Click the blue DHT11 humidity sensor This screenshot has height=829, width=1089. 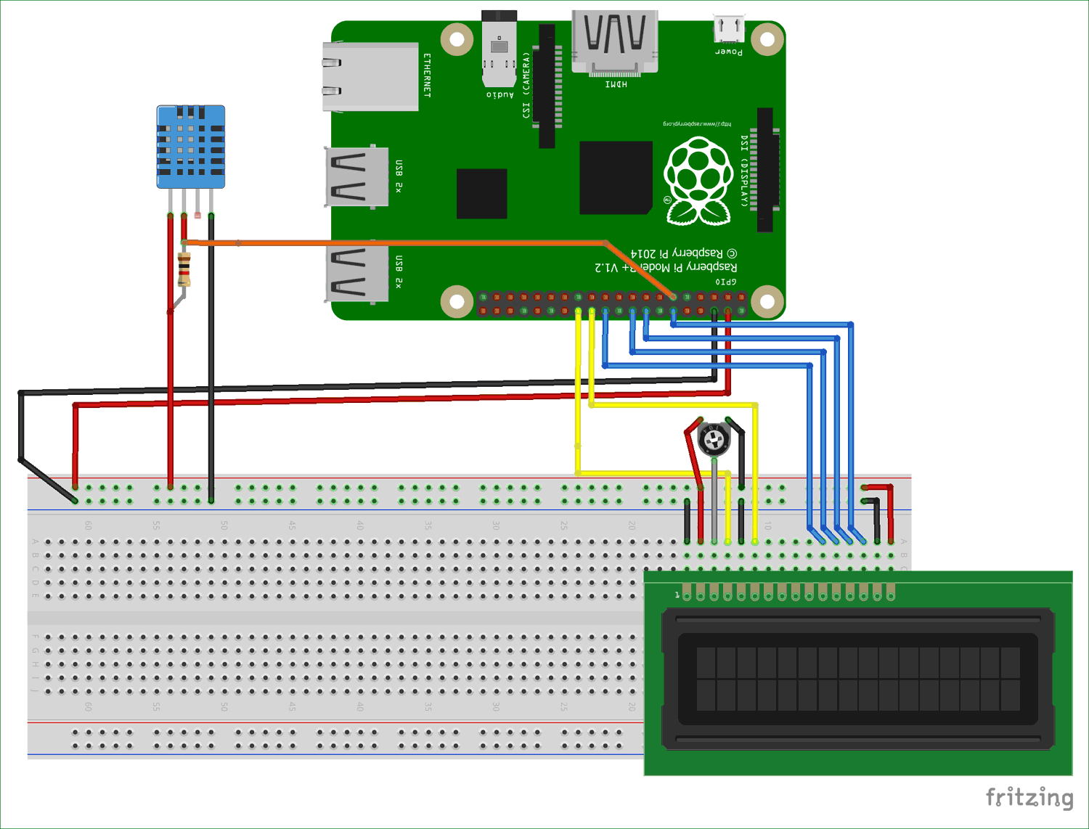[191, 147]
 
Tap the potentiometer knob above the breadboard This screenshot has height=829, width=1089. [714, 438]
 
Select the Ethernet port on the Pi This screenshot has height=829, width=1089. [370, 76]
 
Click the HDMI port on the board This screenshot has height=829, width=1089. [615, 42]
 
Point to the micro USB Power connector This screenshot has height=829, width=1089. [728, 30]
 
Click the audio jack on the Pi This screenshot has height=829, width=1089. [499, 47]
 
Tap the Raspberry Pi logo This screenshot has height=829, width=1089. [698, 181]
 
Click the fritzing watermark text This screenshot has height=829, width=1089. [1029, 797]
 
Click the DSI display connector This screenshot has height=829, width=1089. [764, 170]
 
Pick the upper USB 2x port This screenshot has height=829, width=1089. [357, 176]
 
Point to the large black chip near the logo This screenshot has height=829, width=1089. [616, 178]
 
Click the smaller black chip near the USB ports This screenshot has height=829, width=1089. [481, 193]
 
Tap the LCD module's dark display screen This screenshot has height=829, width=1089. [858, 679]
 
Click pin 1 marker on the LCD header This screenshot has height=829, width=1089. [677, 595]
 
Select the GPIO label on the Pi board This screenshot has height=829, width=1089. [725, 282]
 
